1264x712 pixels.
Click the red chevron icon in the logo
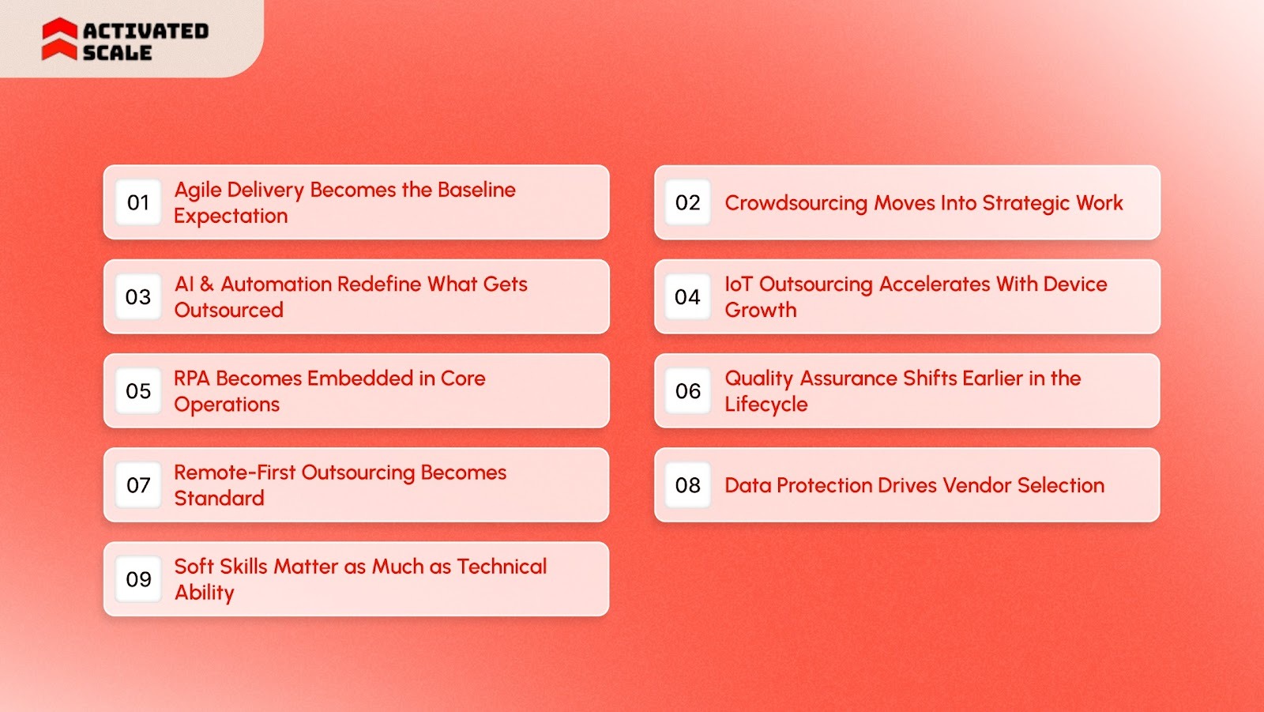coord(59,40)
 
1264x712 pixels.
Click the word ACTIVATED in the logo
coord(146,31)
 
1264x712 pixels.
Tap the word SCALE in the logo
coord(117,53)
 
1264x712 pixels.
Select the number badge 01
coord(138,203)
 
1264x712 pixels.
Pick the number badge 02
coord(688,203)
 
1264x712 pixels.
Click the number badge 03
coord(138,297)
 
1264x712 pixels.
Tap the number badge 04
coord(688,297)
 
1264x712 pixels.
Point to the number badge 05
coord(138,391)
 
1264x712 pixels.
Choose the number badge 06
coord(688,391)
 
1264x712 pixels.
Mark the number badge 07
coord(138,485)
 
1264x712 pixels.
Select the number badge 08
coord(688,485)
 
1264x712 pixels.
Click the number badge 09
coord(138,579)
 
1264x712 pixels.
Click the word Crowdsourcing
coord(796,203)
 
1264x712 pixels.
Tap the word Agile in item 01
coord(197,190)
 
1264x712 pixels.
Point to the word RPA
coord(192,379)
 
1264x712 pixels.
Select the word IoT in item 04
coord(739,284)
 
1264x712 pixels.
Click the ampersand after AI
coord(207,284)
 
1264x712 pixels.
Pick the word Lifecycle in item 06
coord(766,405)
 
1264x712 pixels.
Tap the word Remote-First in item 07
coord(235,473)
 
